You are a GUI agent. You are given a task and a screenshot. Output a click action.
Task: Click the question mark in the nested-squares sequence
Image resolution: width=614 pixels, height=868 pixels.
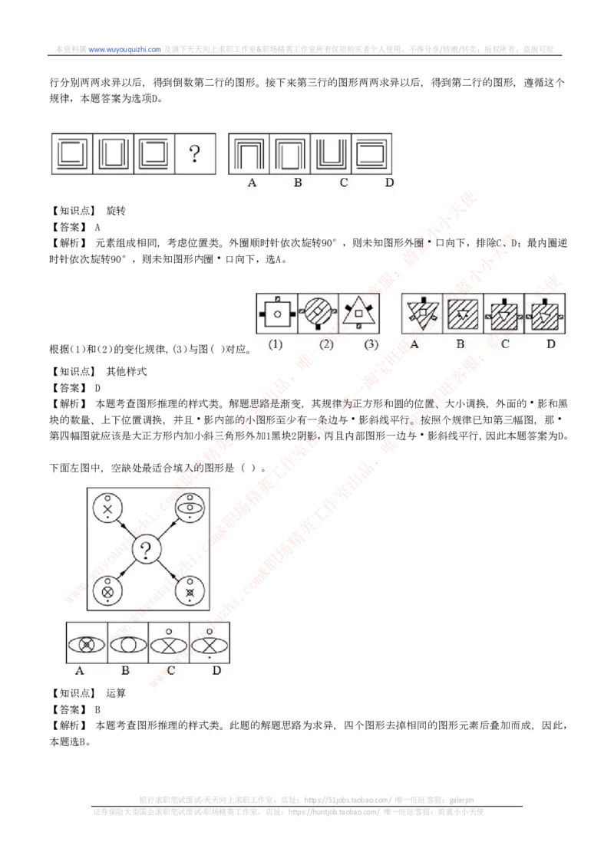(x=195, y=155)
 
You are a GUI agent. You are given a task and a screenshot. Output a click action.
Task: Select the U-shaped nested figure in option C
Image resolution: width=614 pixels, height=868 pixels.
(x=331, y=154)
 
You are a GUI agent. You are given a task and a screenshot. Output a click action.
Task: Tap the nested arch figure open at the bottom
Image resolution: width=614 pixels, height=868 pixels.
(x=249, y=154)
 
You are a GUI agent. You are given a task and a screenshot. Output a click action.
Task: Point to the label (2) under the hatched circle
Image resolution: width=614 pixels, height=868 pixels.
(x=326, y=344)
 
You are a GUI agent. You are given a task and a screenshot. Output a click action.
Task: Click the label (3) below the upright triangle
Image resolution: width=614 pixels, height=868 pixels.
(x=371, y=344)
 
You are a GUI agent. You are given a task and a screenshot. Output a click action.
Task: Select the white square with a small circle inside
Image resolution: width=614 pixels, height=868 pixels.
(x=276, y=313)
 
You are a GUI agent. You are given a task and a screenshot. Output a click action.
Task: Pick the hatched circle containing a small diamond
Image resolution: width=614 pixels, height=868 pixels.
(x=317, y=313)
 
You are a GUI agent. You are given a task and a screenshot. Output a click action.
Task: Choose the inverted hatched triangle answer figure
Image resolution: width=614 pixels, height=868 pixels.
(x=422, y=312)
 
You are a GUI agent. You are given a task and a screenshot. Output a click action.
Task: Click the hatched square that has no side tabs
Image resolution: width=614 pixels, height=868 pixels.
(x=463, y=313)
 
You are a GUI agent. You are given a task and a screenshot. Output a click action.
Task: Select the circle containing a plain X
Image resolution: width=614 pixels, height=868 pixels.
(x=108, y=509)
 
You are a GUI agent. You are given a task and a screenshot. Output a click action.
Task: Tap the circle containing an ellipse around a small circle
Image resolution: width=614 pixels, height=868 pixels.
(x=188, y=508)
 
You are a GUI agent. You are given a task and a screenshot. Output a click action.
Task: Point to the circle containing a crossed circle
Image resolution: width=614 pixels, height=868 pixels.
(x=108, y=591)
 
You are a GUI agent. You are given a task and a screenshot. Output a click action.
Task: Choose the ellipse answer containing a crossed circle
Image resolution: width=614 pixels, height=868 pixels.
(x=87, y=645)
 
